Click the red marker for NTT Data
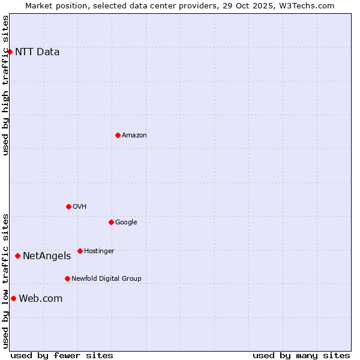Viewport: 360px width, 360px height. (10, 52)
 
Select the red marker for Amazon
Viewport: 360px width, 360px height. (118, 135)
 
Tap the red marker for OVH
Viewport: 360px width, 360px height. (68, 206)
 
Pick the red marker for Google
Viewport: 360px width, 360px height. (111, 222)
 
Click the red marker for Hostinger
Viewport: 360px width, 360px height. (80, 251)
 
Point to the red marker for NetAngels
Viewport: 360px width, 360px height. (17, 256)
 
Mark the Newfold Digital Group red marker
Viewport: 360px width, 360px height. (67, 278)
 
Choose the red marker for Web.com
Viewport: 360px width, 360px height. (13, 298)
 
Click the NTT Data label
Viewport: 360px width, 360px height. (37, 52)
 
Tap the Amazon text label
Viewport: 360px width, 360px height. (134, 136)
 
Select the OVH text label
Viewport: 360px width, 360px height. (80, 207)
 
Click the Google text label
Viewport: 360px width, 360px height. (126, 223)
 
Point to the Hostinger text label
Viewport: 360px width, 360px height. (99, 251)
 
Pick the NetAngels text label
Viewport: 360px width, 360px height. (47, 256)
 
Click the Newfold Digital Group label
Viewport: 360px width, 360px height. (106, 279)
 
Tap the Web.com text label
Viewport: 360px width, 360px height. (41, 299)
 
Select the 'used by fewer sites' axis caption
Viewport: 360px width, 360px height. (62, 355)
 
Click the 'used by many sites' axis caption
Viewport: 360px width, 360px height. (301, 355)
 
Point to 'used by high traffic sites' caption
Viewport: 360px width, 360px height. (5, 85)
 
